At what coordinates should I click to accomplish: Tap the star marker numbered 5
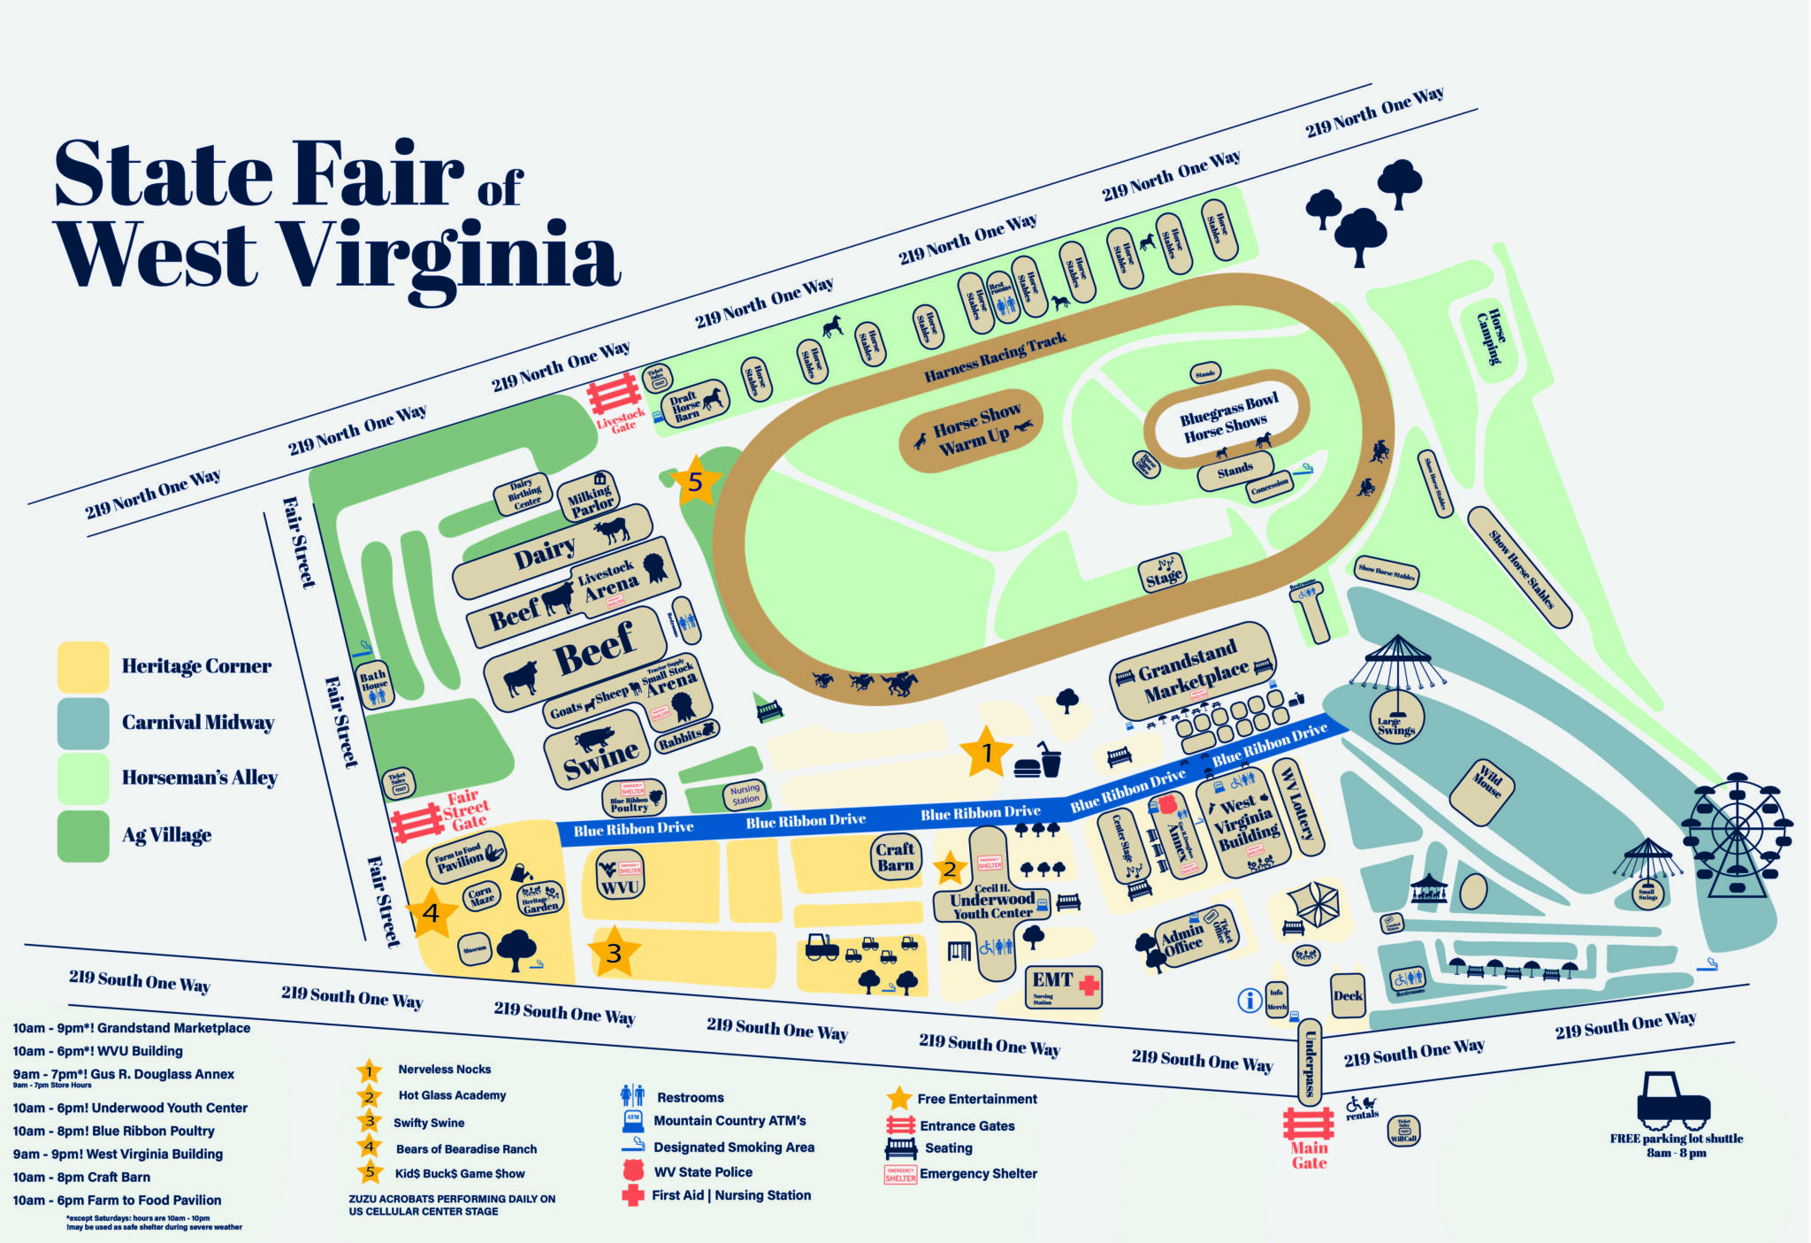pos(695,481)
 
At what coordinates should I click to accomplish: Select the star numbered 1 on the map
pos(986,753)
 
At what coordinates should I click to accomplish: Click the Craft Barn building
pos(895,856)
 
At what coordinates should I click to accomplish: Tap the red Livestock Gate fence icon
pos(615,393)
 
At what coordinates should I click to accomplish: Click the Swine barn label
pos(600,754)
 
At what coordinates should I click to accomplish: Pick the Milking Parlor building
pos(591,498)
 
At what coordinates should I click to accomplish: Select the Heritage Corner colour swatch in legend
pos(82,666)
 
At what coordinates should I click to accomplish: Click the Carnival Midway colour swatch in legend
pos(82,723)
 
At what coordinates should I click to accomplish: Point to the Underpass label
pos(1310,1062)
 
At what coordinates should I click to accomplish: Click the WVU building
pos(619,876)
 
